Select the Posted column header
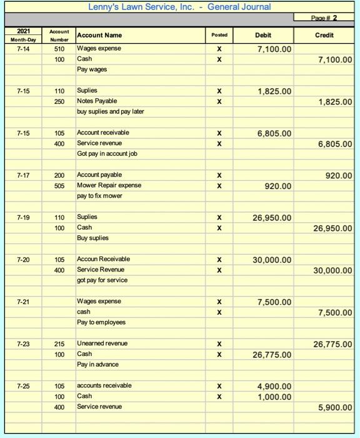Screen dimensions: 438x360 point(219,35)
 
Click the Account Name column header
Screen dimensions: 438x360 point(99,35)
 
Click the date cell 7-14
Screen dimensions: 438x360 point(23,49)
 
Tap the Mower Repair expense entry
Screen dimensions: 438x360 point(109,185)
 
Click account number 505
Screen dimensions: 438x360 point(59,185)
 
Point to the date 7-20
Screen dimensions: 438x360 point(23,259)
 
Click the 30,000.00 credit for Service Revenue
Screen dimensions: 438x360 point(331,270)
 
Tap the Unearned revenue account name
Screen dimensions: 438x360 point(102,344)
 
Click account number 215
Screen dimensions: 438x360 point(59,344)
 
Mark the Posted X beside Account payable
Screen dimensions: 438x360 point(219,175)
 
